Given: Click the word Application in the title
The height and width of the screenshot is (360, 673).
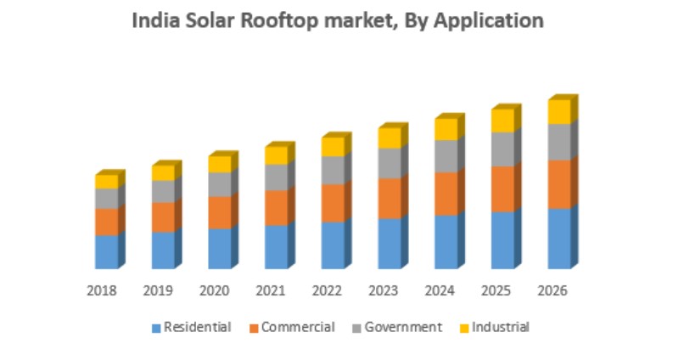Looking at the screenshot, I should tap(490, 21).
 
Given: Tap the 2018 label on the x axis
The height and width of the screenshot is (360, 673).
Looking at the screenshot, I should tap(101, 290).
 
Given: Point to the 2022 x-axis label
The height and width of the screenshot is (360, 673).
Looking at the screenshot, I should tap(327, 290).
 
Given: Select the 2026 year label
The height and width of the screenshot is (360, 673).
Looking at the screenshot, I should tap(552, 290).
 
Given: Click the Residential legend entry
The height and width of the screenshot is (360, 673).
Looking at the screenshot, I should tap(197, 327).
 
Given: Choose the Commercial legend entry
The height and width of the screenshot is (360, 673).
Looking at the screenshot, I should tap(298, 327).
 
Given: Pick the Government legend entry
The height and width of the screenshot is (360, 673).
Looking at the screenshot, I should tap(403, 327).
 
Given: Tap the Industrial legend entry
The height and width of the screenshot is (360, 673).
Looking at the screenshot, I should tap(500, 327).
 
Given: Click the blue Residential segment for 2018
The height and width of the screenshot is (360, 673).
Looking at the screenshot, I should tap(106, 251).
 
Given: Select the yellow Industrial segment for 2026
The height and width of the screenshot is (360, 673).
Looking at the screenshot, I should tap(558, 112).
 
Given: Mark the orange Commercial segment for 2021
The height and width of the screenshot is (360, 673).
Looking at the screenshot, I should tap(276, 207).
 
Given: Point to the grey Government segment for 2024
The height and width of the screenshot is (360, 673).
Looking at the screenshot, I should tap(446, 156).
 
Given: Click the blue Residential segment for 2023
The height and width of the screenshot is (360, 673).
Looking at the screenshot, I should tap(389, 243).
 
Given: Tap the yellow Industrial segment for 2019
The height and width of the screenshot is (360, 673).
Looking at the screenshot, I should tap(162, 172).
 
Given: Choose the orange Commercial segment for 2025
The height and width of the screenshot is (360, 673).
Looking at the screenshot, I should tap(502, 188).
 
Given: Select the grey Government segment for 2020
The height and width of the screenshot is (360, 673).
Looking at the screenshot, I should tap(219, 184).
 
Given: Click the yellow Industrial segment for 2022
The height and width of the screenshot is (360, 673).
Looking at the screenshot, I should tap(332, 146).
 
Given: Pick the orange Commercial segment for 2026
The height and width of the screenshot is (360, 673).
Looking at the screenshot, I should tap(558, 184).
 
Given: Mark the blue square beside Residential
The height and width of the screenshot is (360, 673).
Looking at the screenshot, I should tap(156, 328).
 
